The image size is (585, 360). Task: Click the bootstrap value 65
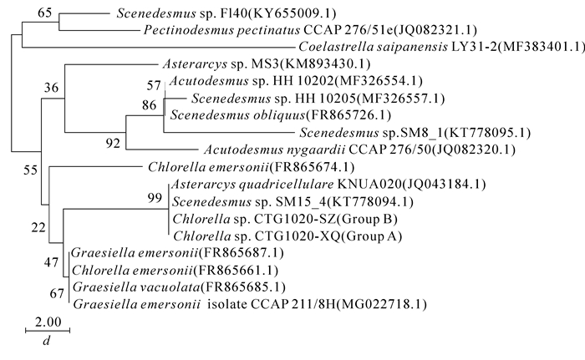pyautogui.click(x=44, y=12)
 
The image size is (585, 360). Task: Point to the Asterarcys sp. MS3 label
pyautogui.click(x=262, y=63)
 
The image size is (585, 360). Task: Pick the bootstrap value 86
pyautogui.click(x=150, y=105)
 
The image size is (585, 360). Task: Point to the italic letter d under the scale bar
pyautogui.click(x=48, y=342)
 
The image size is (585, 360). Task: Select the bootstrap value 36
pyautogui.click(x=53, y=87)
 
